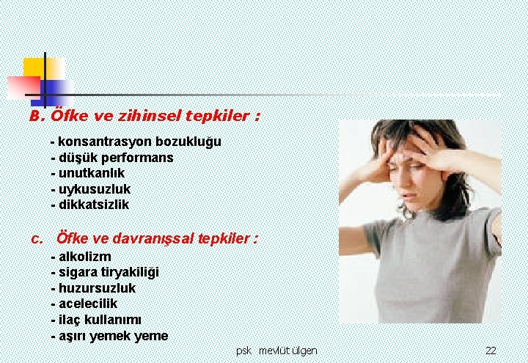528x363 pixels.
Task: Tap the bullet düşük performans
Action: coord(111,157)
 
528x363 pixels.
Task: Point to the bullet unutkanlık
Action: coord(87,173)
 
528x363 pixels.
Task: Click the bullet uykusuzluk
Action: coord(90,189)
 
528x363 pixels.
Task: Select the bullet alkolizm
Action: coord(81,257)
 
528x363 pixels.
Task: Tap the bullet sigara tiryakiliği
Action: coord(104,272)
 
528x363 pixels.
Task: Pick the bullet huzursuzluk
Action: coord(93,288)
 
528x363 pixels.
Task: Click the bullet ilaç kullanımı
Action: coord(96,320)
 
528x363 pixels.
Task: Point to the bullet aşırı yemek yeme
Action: coord(109,336)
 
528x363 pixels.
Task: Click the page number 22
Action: coord(491,351)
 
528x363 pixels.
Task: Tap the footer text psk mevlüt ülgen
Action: coord(276,351)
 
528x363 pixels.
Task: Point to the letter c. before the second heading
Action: coord(37,238)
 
